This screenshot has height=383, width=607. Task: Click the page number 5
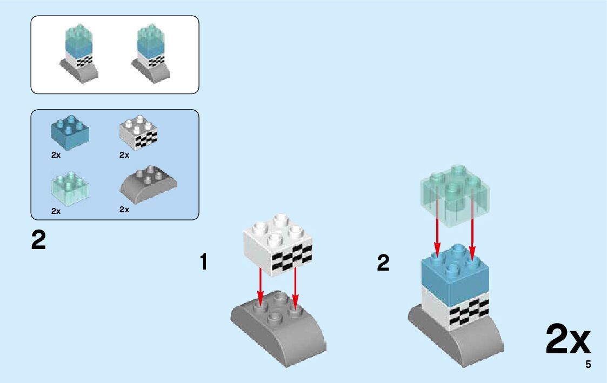point(588,365)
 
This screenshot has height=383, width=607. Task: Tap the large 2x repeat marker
point(568,340)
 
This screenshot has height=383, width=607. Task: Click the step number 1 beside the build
point(204,263)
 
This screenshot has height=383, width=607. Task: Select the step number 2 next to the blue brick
point(383,264)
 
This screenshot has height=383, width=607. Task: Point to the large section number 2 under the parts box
point(38,240)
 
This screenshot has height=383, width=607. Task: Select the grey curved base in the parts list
point(148,184)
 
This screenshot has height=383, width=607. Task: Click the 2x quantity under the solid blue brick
point(56,155)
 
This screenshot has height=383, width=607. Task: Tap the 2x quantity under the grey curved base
point(124,210)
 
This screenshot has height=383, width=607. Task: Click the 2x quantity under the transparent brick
point(56,211)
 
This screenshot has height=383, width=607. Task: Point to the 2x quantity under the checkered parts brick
point(124,155)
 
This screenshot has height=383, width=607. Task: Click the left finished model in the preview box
point(78,54)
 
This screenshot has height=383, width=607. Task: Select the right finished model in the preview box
point(151,54)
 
